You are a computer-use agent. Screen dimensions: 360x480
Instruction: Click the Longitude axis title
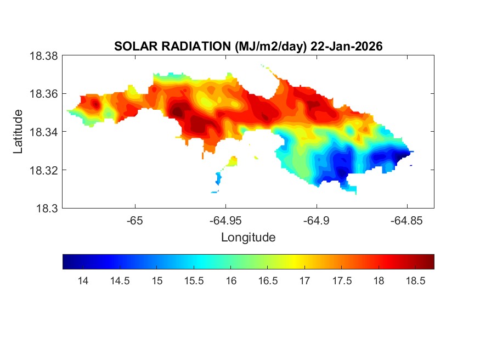click(248, 238)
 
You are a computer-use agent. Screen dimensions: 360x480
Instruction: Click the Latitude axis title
click(18, 132)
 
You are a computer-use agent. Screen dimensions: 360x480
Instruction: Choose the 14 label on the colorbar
click(83, 281)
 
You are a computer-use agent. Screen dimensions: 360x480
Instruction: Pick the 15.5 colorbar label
click(194, 281)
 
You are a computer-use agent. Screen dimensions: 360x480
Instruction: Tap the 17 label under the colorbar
click(304, 281)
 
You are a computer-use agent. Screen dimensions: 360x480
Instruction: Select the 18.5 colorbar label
click(415, 281)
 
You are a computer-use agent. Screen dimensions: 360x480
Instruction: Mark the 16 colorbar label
click(231, 281)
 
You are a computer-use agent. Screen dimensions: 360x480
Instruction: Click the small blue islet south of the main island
click(219, 178)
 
